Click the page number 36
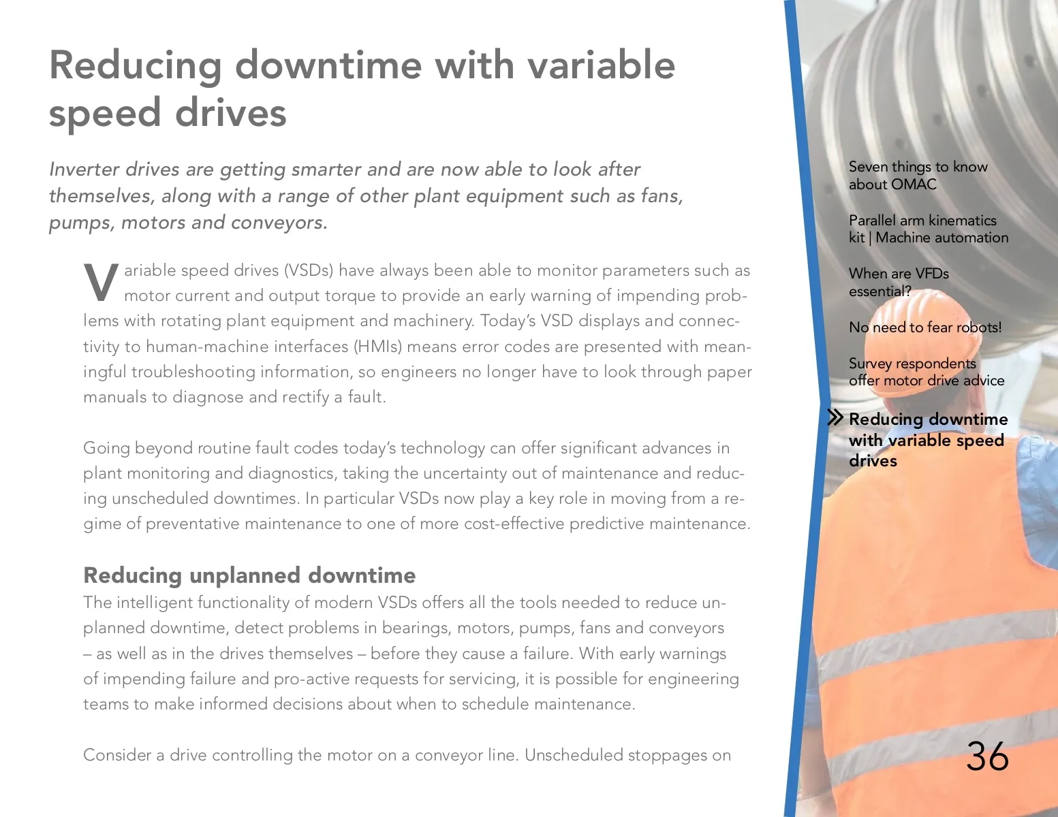click(987, 756)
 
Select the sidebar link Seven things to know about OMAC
click(917, 176)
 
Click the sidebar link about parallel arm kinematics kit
click(928, 229)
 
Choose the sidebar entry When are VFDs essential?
click(898, 282)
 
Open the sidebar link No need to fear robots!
click(924, 327)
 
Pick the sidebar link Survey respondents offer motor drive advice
click(926, 372)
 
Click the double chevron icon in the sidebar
click(835, 417)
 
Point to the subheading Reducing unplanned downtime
click(249, 575)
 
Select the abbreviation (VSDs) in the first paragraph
click(308, 270)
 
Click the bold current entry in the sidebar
click(927, 440)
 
